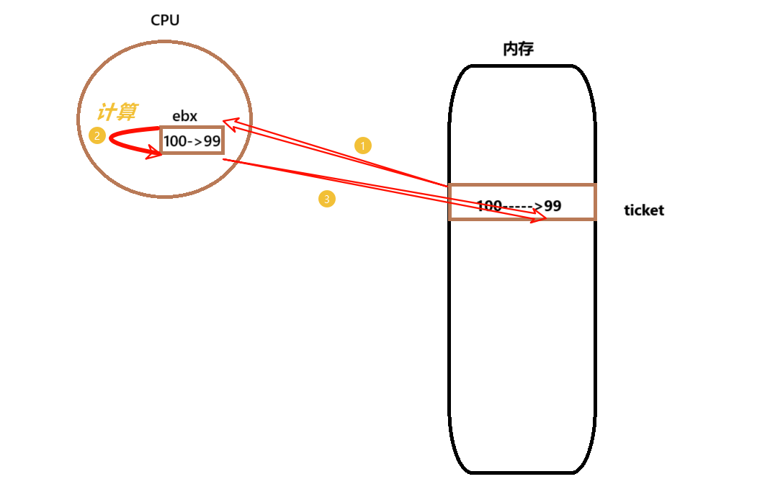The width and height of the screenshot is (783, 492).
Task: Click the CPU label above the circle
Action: pos(165,20)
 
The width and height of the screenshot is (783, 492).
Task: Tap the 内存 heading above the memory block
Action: pos(518,49)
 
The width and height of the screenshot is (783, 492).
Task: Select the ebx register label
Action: pos(184,116)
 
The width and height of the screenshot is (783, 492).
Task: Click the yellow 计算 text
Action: pos(117,112)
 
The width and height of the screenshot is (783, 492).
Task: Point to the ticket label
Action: pos(644,210)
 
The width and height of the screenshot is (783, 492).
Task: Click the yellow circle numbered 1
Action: pos(363,146)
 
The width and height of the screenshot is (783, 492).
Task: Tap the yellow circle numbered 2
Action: pos(97,135)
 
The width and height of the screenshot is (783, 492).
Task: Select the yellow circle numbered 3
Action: pos(327,199)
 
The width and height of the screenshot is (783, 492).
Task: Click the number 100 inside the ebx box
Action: pos(175,141)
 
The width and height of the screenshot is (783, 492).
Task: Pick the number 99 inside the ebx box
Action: pos(212,141)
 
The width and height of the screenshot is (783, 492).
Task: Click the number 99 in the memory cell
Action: pos(552,206)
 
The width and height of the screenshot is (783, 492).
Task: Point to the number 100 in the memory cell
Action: pos(489,206)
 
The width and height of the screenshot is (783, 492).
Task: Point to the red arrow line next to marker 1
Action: pos(339,154)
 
